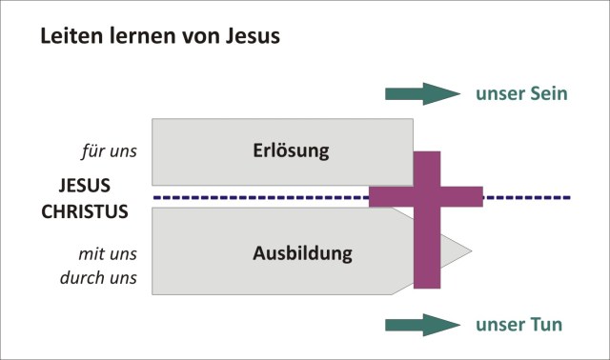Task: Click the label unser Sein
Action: (522, 93)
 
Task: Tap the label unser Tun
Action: (519, 325)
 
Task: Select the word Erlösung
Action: (291, 150)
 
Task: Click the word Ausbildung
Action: (302, 253)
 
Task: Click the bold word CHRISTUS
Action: (85, 211)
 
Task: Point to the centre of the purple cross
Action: (426, 197)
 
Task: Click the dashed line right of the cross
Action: (529, 197)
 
